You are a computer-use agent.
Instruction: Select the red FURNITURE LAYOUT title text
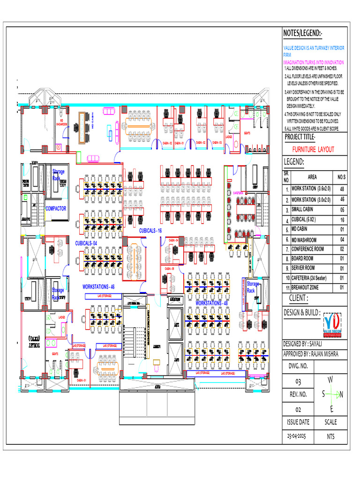click(x=313, y=149)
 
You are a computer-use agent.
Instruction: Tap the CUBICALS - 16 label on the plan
click(x=150, y=231)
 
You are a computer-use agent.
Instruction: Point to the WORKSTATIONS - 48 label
click(x=211, y=303)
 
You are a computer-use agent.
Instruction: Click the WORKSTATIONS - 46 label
click(x=98, y=286)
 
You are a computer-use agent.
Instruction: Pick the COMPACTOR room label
click(x=56, y=208)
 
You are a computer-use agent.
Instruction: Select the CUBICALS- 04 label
click(x=86, y=243)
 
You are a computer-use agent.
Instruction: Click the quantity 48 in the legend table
click(x=342, y=189)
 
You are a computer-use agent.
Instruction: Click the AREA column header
click(x=312, y=177)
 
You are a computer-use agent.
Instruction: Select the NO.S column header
click(x=342, y=177)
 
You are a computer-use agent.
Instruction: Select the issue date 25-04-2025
click(x=298, y=436)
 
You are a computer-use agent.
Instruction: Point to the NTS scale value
click(x=331, y=436)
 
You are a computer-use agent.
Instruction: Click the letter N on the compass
click(x=341, y=395)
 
